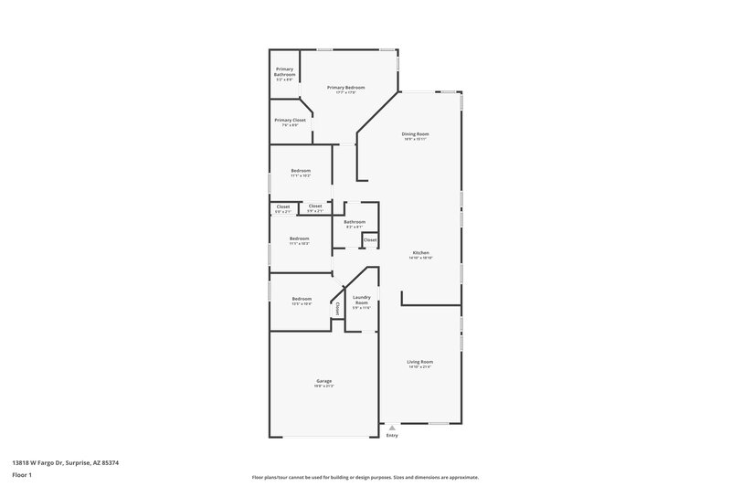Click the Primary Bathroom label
285,72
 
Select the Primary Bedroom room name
345,87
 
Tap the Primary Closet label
290,120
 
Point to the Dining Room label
415,134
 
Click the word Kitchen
420,252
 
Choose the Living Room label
419,362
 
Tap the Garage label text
323,380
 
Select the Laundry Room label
361,299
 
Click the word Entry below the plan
392,435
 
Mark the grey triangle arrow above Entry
392,427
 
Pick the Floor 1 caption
23,476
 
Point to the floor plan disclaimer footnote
365,477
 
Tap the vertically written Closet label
337,309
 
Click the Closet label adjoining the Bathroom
370,239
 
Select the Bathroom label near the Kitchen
355,221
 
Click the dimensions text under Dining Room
415,140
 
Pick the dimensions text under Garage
323,386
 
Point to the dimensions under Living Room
419,367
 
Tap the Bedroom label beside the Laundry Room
302,299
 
